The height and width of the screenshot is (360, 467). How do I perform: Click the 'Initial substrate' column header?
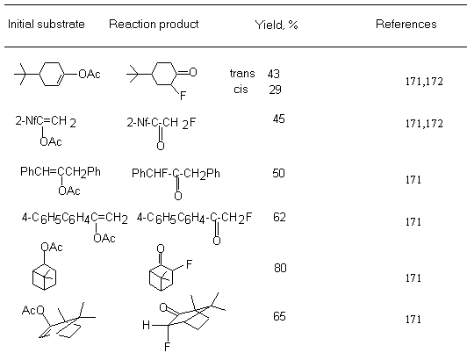(47, 24)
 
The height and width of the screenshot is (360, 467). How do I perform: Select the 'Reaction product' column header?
(154, 24)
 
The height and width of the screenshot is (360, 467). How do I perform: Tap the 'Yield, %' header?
(277, 25)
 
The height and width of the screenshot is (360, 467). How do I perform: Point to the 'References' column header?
(406, 24)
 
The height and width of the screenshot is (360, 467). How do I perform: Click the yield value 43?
(273, 74)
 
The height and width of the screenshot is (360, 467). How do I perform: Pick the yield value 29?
(275, 90)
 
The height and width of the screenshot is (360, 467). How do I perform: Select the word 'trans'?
(242, 73)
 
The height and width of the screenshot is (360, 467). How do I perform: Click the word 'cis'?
(241, 89)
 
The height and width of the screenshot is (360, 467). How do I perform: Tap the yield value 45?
(278, 119)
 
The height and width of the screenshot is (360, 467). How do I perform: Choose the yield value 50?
(278, 173)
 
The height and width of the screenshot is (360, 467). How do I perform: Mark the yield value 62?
(279, 217)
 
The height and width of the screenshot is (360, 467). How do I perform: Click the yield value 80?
(280, 268)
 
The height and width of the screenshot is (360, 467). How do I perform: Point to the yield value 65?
(279, 316)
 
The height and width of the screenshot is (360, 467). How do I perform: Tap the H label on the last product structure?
(146, 325)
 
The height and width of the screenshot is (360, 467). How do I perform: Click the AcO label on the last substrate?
(32, 310)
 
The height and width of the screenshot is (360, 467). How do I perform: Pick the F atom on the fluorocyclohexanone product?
(183, 96)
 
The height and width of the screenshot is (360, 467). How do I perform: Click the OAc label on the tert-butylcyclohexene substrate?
(90, 74)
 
